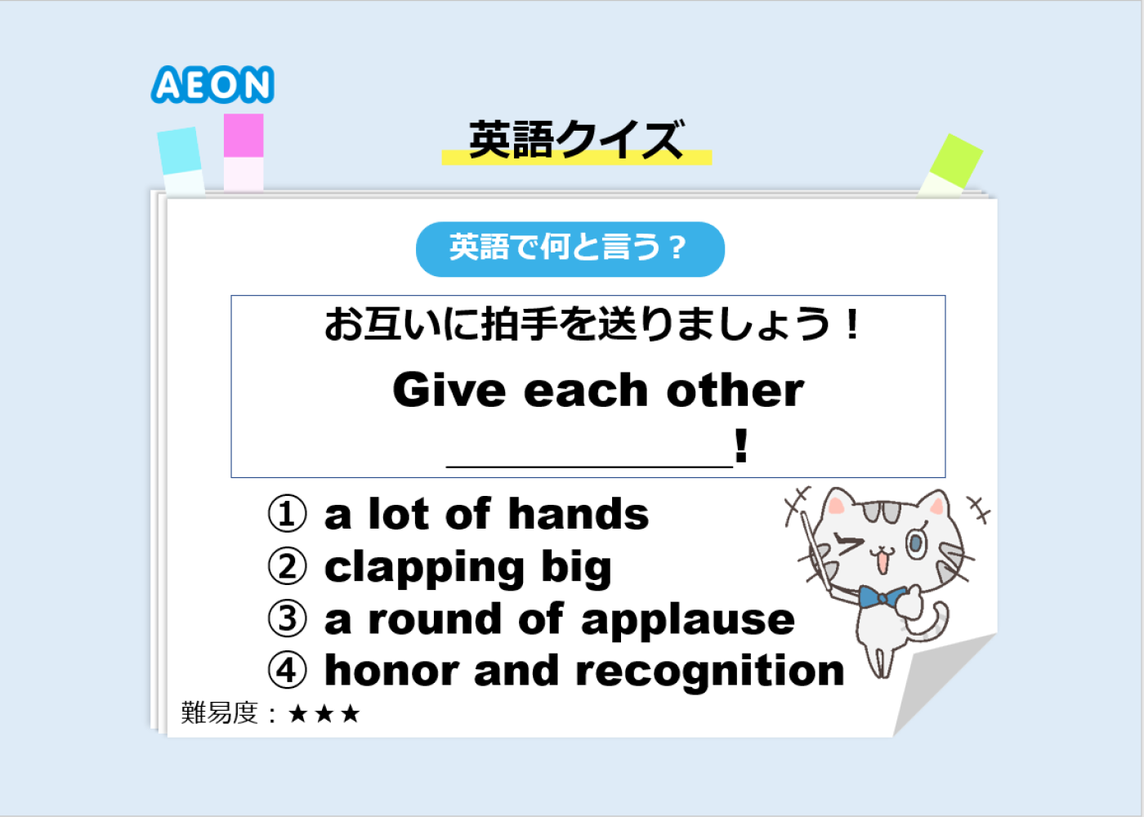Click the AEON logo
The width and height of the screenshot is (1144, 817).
coord(212,84)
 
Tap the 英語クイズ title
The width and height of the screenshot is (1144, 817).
coord(577,140)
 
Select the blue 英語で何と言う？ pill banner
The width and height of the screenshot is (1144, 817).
coord(570,249)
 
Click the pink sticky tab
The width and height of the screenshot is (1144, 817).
coord(244,152)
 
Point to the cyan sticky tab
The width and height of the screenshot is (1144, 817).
coord(181,160)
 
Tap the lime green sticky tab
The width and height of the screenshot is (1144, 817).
coord(951,164)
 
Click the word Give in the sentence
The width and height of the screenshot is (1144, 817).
coord(449,391)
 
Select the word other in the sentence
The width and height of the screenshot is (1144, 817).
coord(735,391)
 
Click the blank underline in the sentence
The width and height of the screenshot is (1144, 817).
coord(589,466)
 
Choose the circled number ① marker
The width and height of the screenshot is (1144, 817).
coord(287,514)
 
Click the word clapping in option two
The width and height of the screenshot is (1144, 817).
coord(424,569)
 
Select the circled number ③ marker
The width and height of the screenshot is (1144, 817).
coord(287,619)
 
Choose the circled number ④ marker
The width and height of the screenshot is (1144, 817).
coord(287,671)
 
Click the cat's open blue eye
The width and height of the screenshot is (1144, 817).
coord(917,543)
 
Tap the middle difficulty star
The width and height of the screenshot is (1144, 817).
coord(324,714)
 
